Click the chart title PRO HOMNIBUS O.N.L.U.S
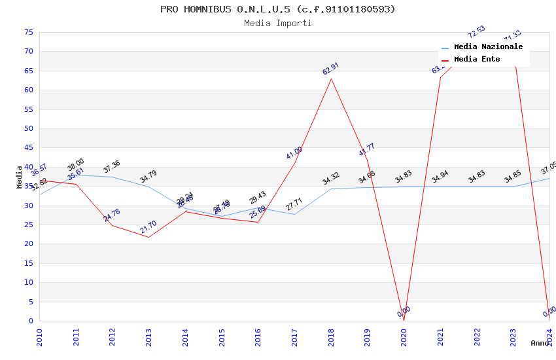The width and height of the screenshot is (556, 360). pyautogui.click(x=278, y=9)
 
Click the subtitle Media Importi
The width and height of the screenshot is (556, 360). pyautogui.click(x=278, y=23)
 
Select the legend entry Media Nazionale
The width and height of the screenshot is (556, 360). pyautogui.click(x=488, y=47)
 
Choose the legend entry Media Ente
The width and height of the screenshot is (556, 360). pyautogui.click(x=477, y=60)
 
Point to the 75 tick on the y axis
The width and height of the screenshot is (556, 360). pyautogui.click(x=27, y=32)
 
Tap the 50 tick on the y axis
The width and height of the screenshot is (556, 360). pyautogui.click(x=27, y=128)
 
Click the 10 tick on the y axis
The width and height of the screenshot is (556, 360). pyautogui.click(x=27, y=283)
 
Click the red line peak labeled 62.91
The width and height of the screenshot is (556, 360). pyautogui.click(x=331, y=79)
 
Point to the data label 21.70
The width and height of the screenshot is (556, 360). pyautogui.click(x=148, y=227)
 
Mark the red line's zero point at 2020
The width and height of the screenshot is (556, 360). pyautogui.click(x=404, y=320)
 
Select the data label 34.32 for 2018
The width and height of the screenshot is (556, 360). pyautogui.click(x=331, y=179)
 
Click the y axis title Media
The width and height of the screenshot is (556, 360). pyautogui.click(x=20, y=177)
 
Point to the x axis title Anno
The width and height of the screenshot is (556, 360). pyautogui.click(x=540, y=343)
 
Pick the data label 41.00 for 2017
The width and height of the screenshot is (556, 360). pyautogui.click(x=294, y=153)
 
